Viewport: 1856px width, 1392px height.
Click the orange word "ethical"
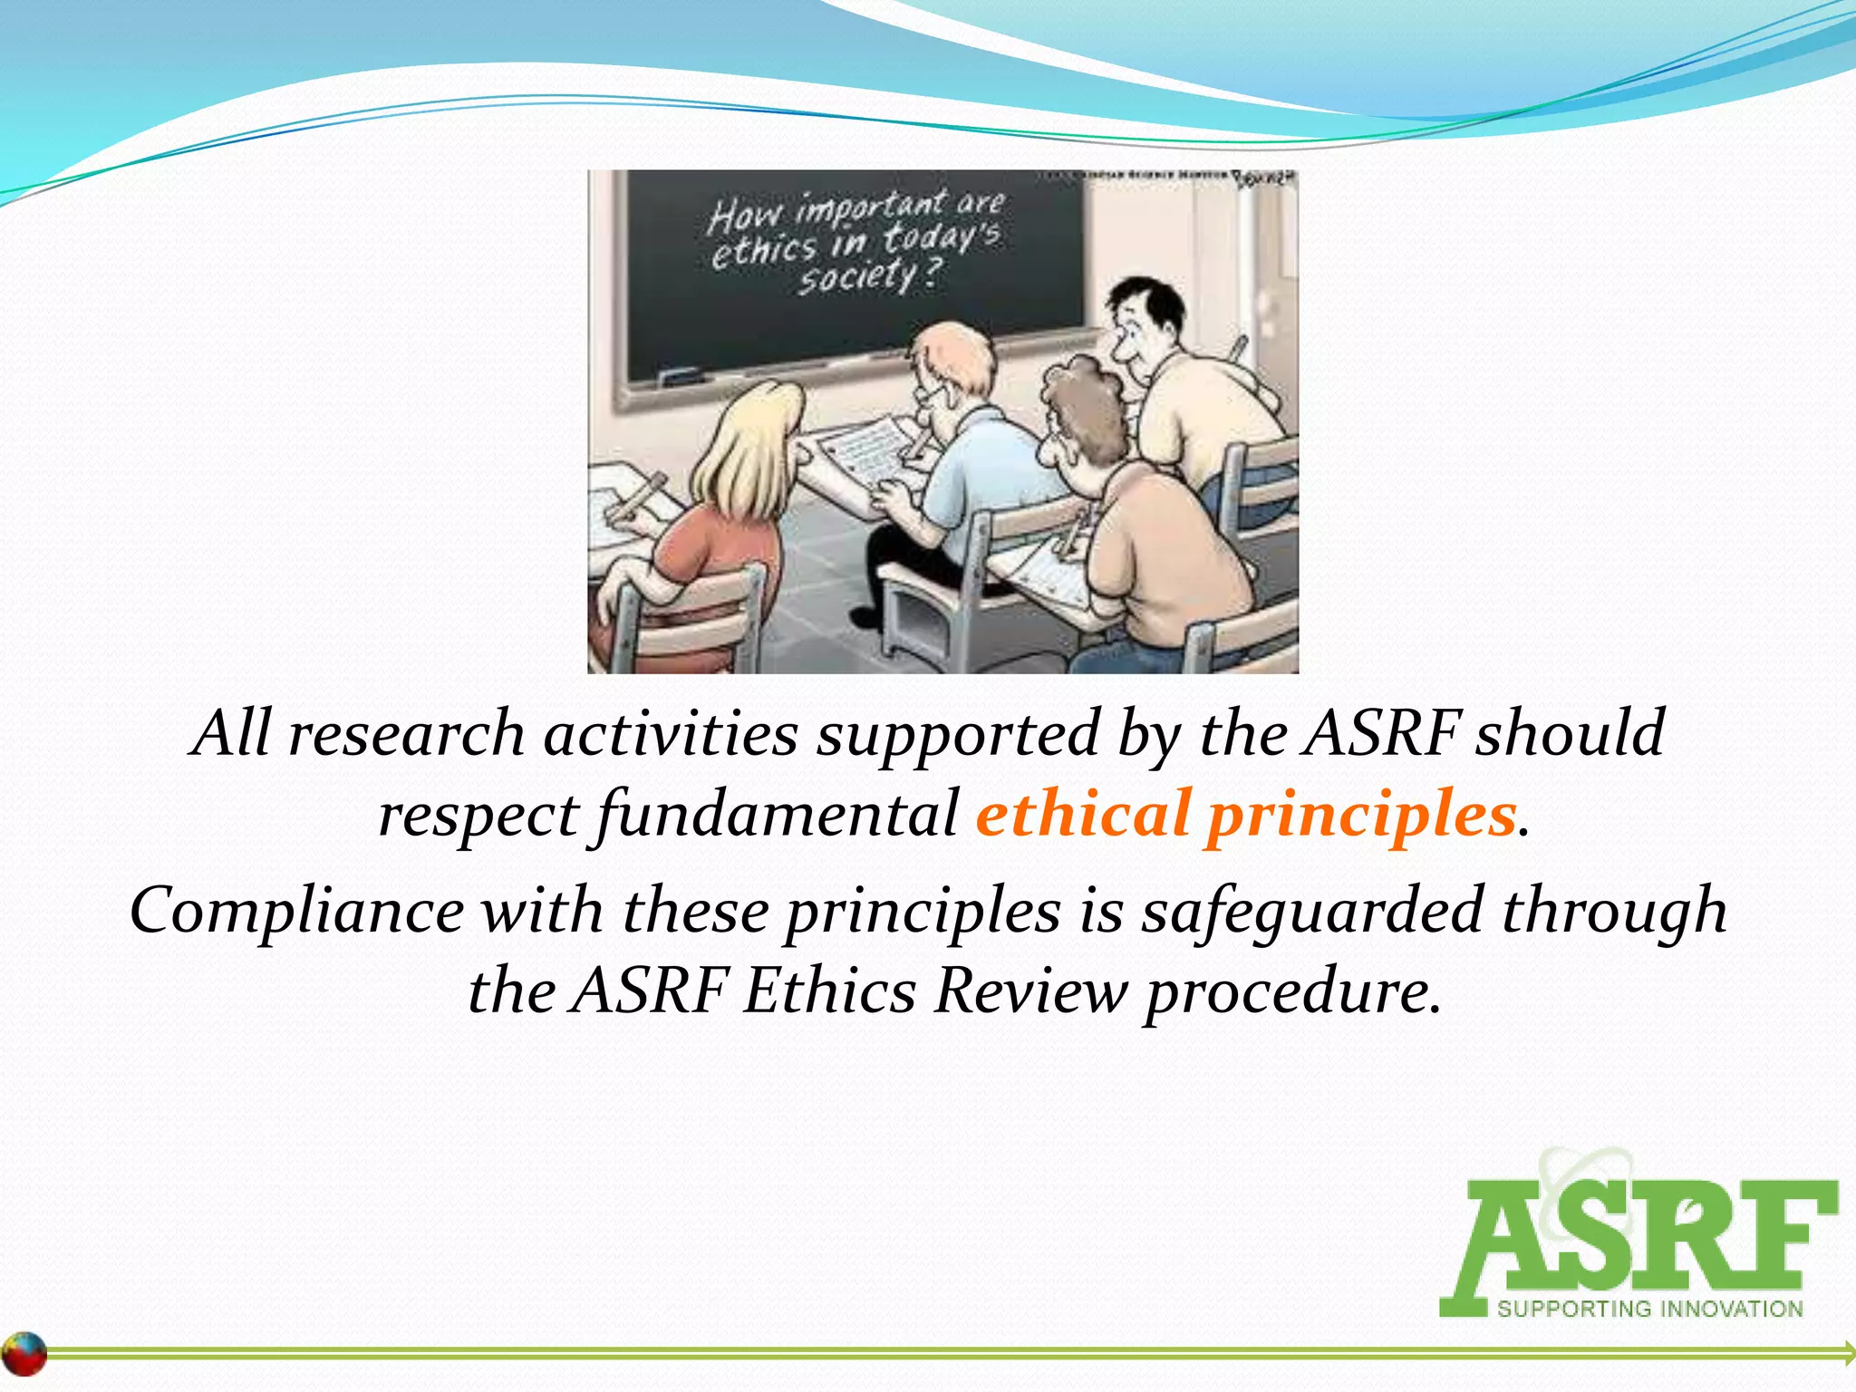[x=1082, y=814]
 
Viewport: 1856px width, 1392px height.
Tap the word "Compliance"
[x=296, y=911]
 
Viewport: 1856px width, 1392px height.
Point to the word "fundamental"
[x=777, y=814]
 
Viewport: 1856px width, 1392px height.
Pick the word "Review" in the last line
[x=1031, y=991]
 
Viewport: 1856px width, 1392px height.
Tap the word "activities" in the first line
[x=671, y=733]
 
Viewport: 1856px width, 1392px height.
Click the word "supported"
[x=958, y=735]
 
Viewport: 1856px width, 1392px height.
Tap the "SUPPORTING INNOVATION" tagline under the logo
[x=1649, y=1309]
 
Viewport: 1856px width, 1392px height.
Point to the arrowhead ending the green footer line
[x=1847, y=1353]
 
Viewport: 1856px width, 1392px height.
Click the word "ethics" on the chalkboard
[x=763, y=249]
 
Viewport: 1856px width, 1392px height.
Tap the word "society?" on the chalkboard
[x=869, y=276]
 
